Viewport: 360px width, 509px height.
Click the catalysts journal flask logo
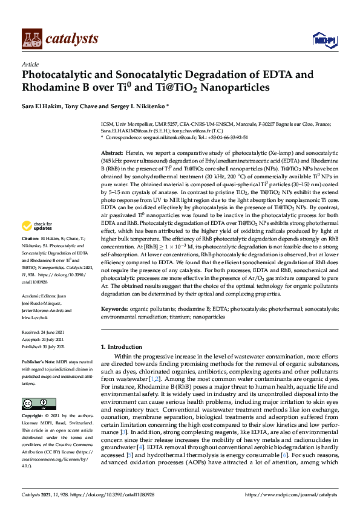[x=32, y=39]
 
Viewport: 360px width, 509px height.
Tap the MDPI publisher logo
[x=324, y=40]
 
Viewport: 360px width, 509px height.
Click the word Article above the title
[x=30, y=63]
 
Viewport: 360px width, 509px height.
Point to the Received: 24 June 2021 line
[x=42, y=332]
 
